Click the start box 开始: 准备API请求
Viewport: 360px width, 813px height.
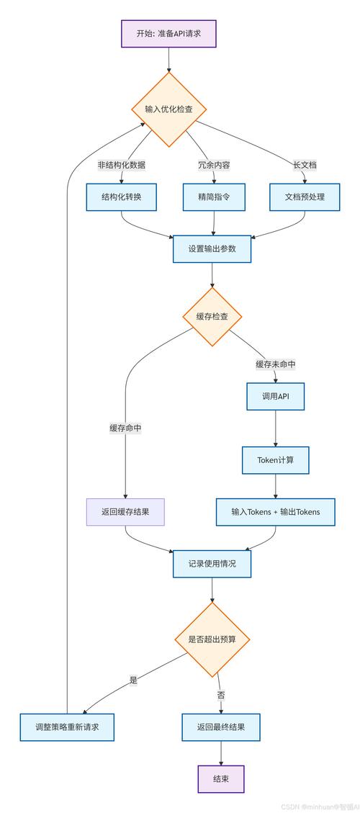click(x=168, y=33)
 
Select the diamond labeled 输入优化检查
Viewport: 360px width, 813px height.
click(x=168, y=109)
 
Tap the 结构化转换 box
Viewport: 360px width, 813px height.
click(x=122, y=197)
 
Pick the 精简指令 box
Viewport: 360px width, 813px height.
click(x=215, y=197)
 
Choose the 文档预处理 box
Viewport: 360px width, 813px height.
click(x=305, y=197)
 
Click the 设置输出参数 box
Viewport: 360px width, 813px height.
click(x=212, y=248)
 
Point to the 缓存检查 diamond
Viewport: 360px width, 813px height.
click(x=212, y=317)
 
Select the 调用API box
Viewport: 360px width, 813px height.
click(x=275, y=395)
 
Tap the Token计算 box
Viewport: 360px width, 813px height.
click(x=275, y=460)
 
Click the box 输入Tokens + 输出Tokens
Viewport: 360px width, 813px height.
click(x=275, y=512)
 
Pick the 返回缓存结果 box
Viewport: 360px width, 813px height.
click(x=125, y=512)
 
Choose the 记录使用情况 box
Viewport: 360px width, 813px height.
click(x=212, y=564)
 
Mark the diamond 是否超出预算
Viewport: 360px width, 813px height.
click(x=212, y=639)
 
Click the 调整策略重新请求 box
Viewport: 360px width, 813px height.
click(x=68, y=727)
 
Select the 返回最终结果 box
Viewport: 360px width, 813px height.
click(x=220, y=727)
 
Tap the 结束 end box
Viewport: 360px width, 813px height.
click(x=221, y=779)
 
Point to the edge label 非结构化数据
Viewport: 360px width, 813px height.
click(x=122, y=165)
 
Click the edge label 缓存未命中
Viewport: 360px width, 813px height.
click(x=275, y=364)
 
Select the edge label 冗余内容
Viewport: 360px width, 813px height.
click(x=215, y=165)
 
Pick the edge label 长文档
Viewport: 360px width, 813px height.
click(x=305, y=165)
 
